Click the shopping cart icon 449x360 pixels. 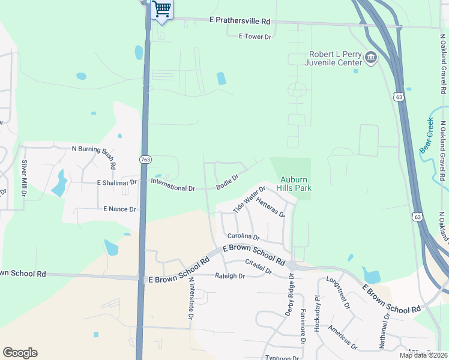click(161, 9)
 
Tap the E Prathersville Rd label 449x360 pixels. click(240, 21)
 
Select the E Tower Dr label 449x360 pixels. click(255, 37)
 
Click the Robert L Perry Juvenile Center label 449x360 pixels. click(333, 58)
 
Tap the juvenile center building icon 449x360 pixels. click(371, 58)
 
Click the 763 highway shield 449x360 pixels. click(145, 160)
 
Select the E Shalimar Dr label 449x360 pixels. click(117, 182)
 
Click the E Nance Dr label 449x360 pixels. click(120, 209)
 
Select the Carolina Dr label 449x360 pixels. click(243, 237)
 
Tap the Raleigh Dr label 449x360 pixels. click(230, 277)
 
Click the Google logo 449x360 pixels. click(20, 353)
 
